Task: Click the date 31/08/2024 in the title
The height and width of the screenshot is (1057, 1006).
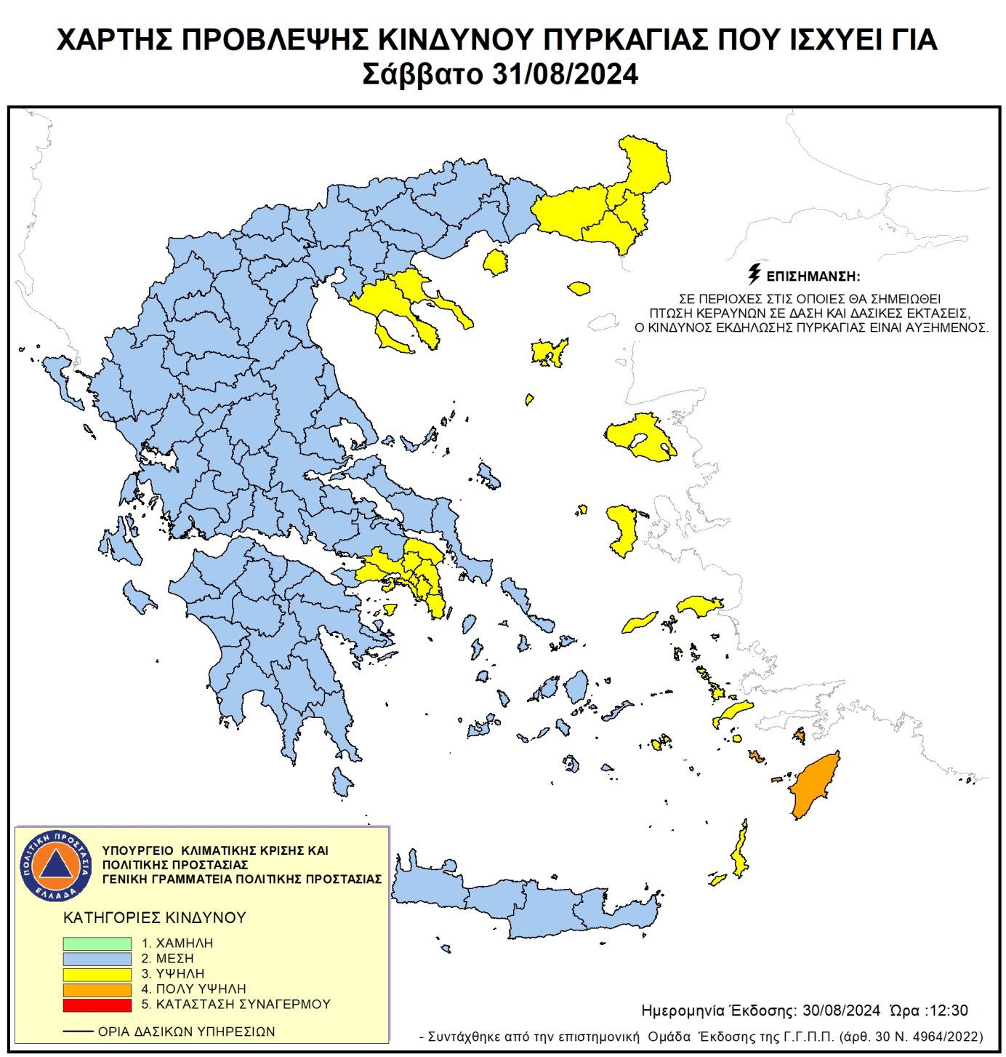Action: point(565,74)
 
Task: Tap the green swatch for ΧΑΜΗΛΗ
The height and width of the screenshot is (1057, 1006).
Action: point(97,943)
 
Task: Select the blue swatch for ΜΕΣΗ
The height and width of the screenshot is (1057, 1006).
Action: point(97,959)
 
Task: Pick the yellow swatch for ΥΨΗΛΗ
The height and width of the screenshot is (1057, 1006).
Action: point(97,974)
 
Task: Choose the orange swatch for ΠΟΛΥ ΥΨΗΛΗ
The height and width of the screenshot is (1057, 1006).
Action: point(97,989)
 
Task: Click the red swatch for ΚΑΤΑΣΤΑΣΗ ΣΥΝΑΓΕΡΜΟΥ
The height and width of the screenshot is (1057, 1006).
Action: point(97,1005)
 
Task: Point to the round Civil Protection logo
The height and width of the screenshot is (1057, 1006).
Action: point(56,865)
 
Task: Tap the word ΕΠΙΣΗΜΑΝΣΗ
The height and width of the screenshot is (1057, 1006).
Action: point(813,277)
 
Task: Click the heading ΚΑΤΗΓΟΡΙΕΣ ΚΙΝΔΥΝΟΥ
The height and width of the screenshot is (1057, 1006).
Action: point(155,917)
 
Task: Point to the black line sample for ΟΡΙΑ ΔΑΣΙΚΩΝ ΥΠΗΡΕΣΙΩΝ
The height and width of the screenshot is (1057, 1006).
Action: point(78,1032)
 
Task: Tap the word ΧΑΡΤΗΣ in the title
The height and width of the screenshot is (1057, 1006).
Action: point(113,40)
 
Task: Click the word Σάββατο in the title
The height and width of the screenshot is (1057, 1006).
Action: point(422,74)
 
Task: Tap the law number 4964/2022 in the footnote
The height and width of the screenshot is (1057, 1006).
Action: point(946,1037)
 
